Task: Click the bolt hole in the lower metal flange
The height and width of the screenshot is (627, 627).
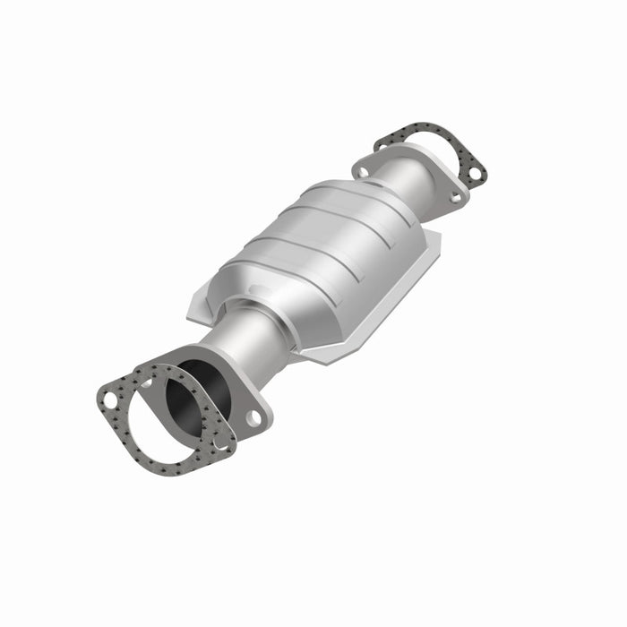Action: pos(254,417)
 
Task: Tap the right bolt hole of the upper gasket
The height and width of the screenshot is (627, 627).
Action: pos(475,170)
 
